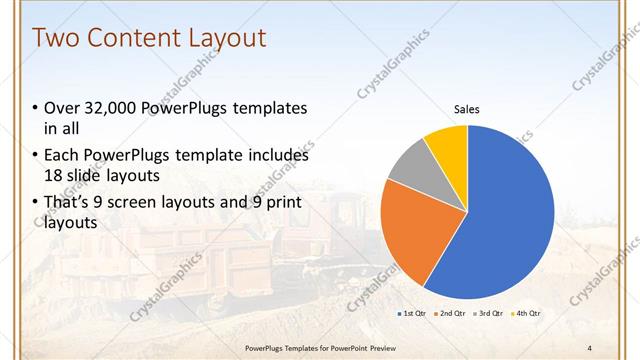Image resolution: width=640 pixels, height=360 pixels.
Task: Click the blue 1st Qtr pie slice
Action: click(500, 220)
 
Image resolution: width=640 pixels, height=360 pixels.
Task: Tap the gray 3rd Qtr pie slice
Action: click(409, 167)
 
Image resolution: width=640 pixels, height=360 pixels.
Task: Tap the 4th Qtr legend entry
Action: click(527, 314)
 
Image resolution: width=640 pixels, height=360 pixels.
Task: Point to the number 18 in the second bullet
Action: click(56, 175)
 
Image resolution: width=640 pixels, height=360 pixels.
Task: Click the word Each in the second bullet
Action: click(62, 156)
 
